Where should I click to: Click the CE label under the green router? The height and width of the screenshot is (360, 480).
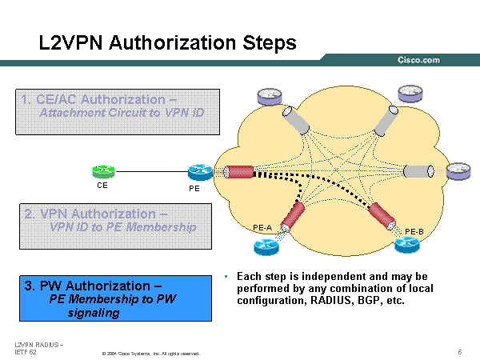pos(102,186)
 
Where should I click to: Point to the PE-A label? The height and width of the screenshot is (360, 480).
pos(263,228)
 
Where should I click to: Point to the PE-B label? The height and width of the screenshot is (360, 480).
pos(414,231)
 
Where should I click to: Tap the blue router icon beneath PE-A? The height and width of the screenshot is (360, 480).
pos(264,246)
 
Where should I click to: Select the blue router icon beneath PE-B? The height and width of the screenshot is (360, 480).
pos(409,247)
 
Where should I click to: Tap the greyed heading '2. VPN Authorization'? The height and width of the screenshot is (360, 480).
pos(95,214)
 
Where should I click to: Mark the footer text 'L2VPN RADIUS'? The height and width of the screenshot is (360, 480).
pos(39,344)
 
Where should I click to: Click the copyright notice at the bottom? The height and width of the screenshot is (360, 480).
pos(150,353)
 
